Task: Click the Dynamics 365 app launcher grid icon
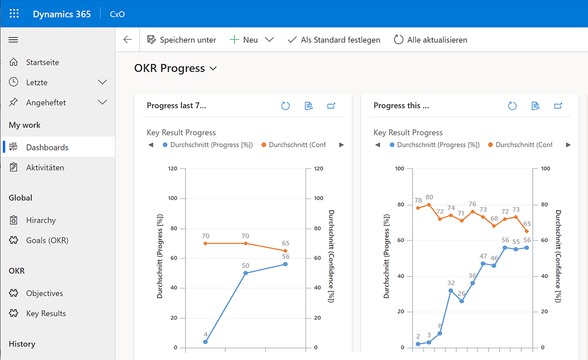pos(14,14)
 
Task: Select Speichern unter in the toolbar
pos(181,40)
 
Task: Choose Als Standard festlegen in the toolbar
pos(334,40)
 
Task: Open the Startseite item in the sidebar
pos(42,62)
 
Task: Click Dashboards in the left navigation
pos(47,147)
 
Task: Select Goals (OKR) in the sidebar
pos(47,240)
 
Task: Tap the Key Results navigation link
pos(46,313)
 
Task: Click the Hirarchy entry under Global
pos(41,220)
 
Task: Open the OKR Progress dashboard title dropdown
pos(213,68)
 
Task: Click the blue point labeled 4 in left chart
pos(206,342)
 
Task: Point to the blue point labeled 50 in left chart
pos(246,273)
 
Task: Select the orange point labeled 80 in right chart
pos(429,205)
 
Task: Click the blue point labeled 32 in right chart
pos(451,291)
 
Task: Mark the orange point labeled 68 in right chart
pos(494,226)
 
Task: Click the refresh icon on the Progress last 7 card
pos(285,106)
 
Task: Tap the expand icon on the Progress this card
pos(558,106)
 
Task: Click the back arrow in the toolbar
pos(128,40)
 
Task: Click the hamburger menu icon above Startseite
pos(14,40)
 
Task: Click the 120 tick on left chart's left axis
pos(172,168)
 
